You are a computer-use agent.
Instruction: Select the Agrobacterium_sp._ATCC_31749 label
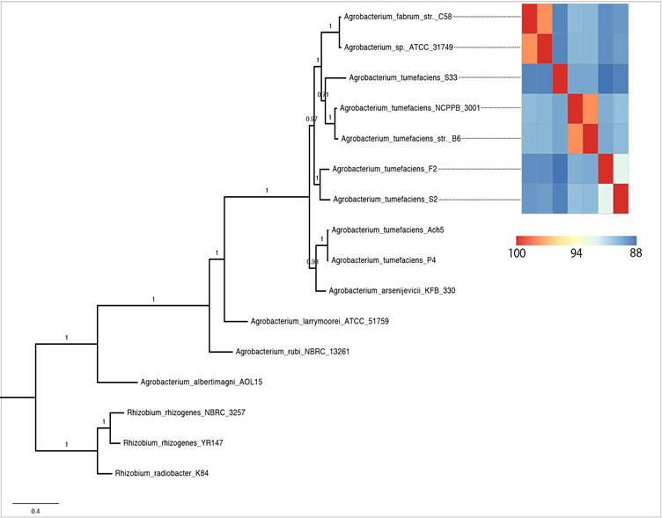click(399, 47)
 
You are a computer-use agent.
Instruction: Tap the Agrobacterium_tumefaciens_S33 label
click(405, 77)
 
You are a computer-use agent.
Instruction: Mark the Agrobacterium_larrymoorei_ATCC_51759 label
click(320, 321)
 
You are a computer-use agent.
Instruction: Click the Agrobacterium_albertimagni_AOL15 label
click(202, 382)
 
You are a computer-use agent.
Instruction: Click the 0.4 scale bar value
click(35, 511)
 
